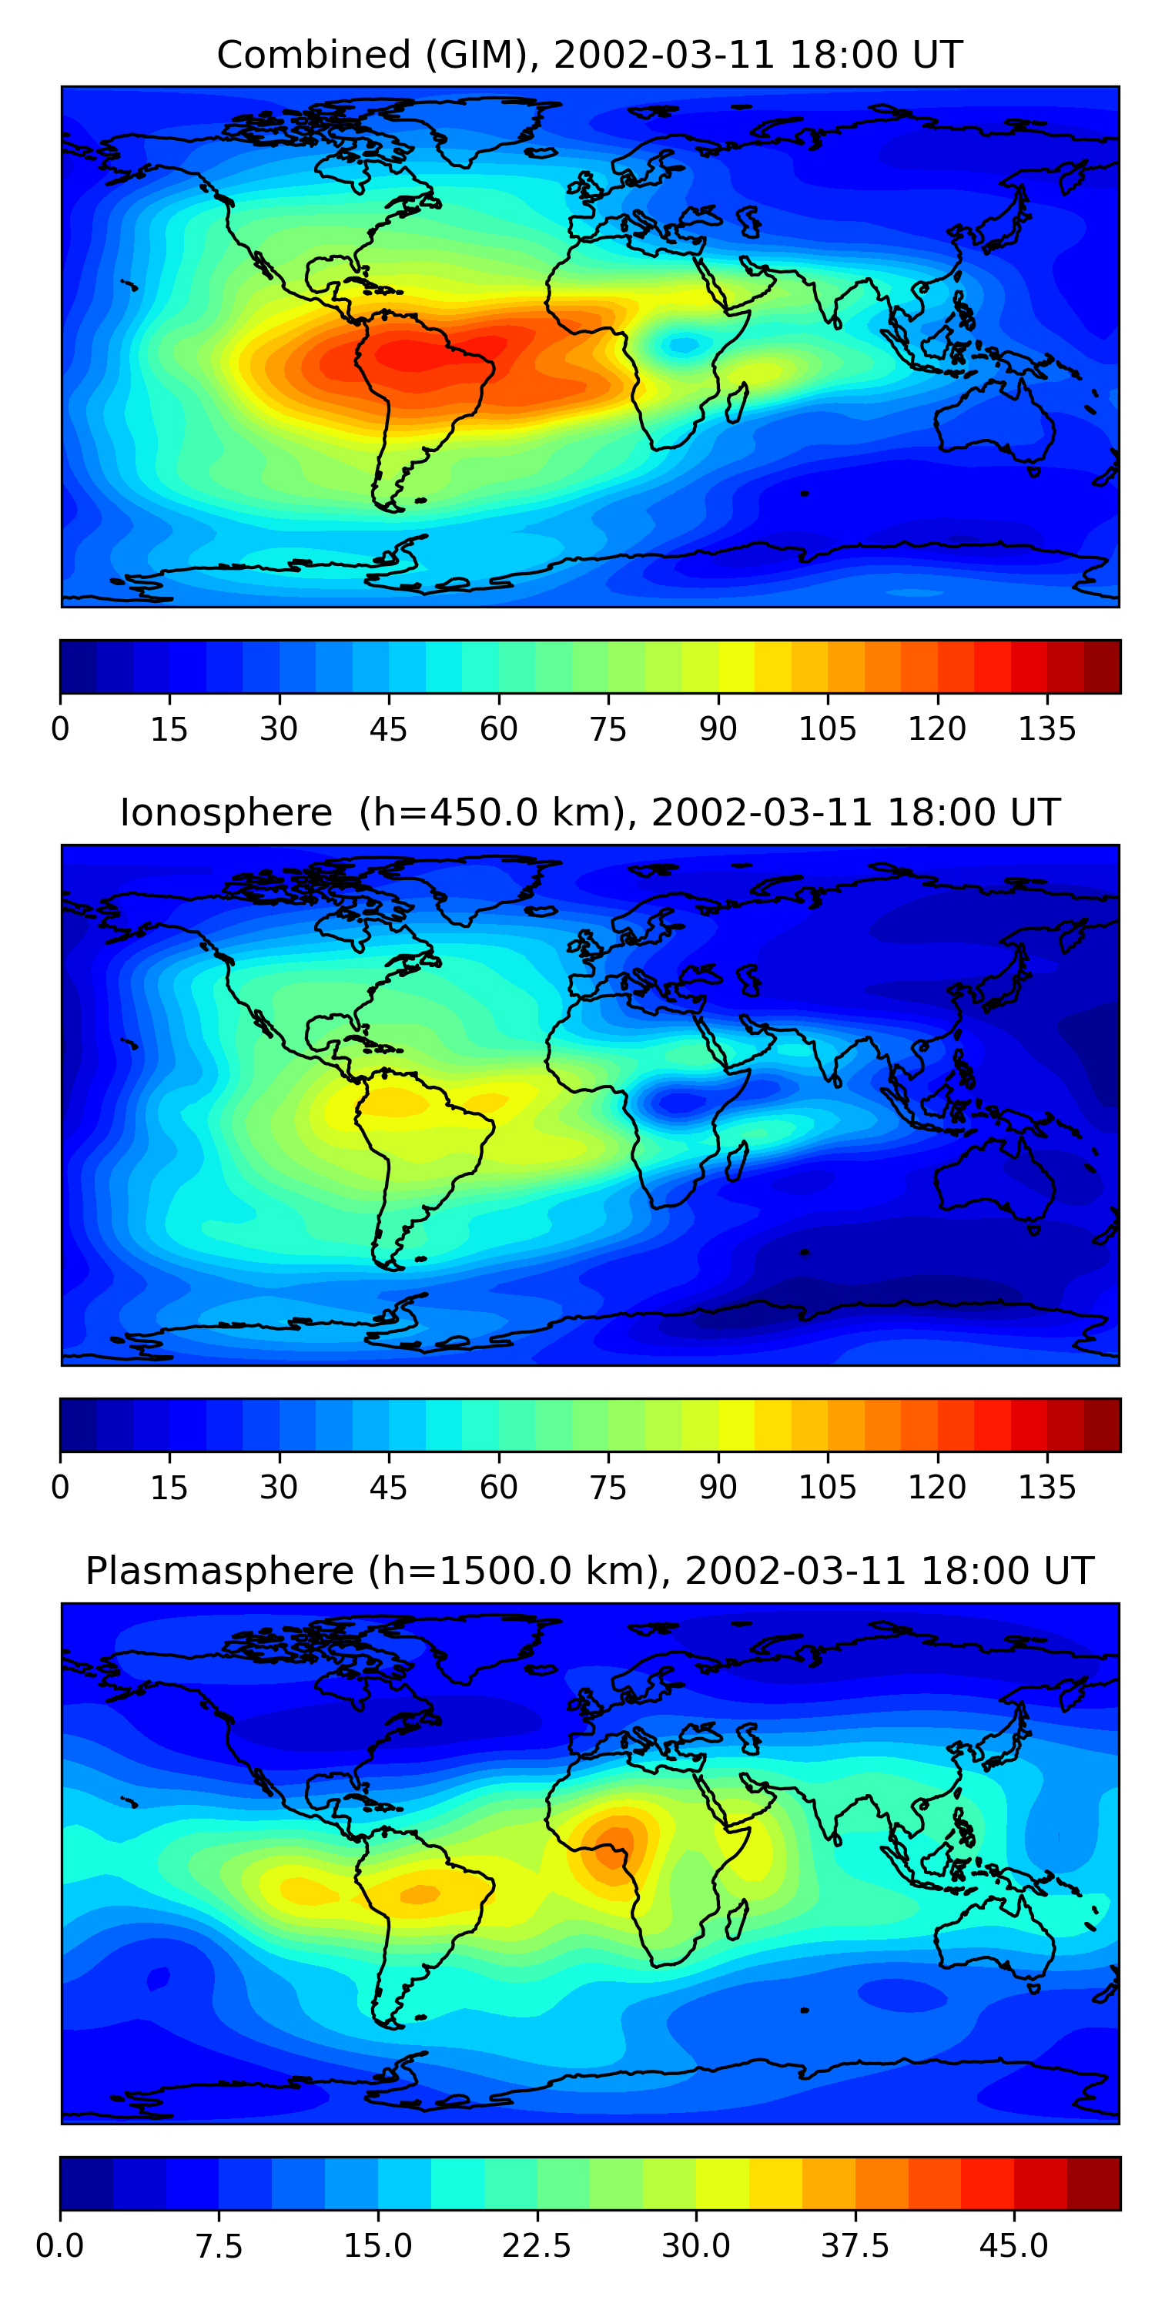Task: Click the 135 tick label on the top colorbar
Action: [1046, 729]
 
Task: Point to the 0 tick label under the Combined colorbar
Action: [60, 729]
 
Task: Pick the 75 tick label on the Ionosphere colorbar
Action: [608, 1488]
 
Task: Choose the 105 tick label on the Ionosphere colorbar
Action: [827, 1488]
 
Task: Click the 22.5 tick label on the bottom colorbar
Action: [536, 2246]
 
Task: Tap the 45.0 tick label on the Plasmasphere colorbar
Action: [1013, 2246]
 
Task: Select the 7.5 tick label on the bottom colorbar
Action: [219, 2246]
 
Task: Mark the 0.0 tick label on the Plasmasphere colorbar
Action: [60, 2246]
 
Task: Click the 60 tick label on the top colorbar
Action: [499, 729]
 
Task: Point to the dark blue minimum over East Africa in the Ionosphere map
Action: [681, 1101]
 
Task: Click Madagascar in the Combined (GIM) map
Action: [737, 403]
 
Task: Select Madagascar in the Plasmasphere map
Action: [737, 1919]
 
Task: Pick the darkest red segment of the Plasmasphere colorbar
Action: [1093, 2184]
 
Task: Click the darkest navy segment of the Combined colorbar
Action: [78, 666]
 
